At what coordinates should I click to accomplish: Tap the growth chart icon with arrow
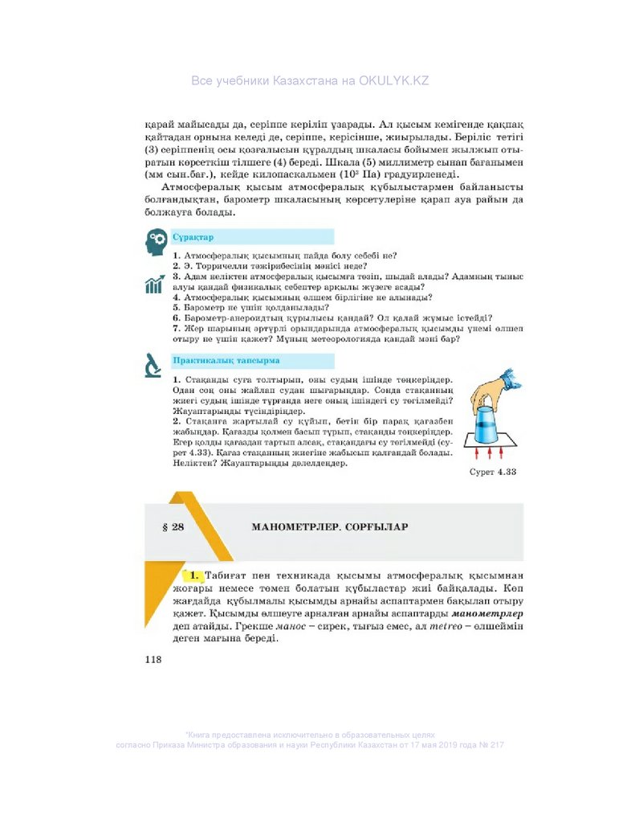tap(155, 285)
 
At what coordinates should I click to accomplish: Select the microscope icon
tap(154, 365)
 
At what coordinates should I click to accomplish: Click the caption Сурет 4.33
tap(493, 472)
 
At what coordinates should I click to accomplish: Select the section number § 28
tap(173, 527)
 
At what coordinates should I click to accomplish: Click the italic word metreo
tap(446, 625)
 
